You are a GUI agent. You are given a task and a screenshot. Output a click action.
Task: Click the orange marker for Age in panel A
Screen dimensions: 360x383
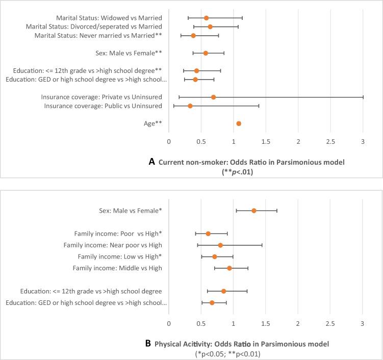[x=239, y=123]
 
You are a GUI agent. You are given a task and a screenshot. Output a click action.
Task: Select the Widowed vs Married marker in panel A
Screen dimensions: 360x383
[x=206, y=18]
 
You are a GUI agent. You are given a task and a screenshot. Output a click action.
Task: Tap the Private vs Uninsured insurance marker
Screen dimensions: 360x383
[x=213, y=97]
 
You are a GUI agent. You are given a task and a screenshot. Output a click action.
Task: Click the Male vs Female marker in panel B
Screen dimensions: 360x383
[x=254, y=211]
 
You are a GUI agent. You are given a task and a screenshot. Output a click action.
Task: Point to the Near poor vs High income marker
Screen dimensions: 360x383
[x=220, y=245]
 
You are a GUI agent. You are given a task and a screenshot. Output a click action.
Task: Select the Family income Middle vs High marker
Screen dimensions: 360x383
[x=229, y=268]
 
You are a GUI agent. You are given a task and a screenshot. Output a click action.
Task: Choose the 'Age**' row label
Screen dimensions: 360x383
[x=154, y=123]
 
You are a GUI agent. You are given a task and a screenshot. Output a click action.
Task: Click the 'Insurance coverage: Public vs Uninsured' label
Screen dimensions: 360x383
[x=103, y=106]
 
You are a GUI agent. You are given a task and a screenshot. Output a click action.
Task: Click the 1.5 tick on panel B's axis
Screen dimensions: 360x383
[x=266, y=323]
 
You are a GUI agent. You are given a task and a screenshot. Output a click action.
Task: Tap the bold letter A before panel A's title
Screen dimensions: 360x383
[x=151, y=162]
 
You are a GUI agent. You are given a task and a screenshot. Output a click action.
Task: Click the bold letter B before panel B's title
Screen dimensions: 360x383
[x=148, y=343]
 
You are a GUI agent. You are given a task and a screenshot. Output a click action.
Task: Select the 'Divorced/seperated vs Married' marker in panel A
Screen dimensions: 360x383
[x=210, y=27]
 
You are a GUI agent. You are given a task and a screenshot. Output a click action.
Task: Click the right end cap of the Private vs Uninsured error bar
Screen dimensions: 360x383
[x=363, y=97]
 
